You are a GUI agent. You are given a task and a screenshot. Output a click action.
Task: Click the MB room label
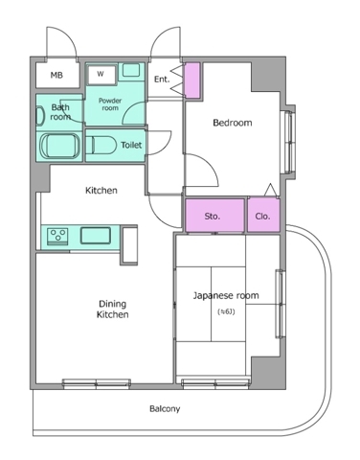pyautogui.click(x=56, y=76)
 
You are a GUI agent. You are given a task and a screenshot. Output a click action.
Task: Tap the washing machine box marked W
pyautogui.click(x=101, y=75)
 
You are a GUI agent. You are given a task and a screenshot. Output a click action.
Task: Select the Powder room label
pyautogui.click(x=110, y=104)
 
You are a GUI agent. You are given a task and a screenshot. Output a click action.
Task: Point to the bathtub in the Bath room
pyautogui.click(x=59, y=146)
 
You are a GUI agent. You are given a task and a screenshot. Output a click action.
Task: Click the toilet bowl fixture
pyautogui.click(x=101, y=146)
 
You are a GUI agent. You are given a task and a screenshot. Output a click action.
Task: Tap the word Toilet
pyautogui.click(x=131, y=145)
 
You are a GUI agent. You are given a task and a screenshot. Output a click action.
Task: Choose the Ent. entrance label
pyautogui.click(x=162, y=80)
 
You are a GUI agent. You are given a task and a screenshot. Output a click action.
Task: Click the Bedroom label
pyautogui.click(x=233, y=123)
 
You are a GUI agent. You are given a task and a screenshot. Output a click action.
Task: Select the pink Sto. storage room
pyautogui.click(x=214, y=215)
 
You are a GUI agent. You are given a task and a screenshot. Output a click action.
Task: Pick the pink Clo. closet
pyautogui.click(x=263, y=215)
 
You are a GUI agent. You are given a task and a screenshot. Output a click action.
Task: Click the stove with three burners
pyautogui.click(x=57, y=237)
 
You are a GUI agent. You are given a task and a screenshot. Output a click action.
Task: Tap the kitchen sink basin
pyautogui.click(x=96, y=236)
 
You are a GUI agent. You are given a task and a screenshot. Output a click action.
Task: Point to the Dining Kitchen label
pyautogui.click(x=113, y=310)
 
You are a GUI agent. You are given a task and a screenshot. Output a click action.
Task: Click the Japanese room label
pyautogui.click(x=226, y=295)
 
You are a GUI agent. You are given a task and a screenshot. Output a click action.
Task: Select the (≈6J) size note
pyautogui.click(x=226, y=311)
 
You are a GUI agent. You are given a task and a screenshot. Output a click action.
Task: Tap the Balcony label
pyautogui.click(x=165, y=408)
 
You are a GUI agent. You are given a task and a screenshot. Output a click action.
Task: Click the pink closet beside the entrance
pyautogui.click(x=192, y=80)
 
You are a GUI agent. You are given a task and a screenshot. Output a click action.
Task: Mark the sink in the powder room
pyautogui.click(x=131, y=70)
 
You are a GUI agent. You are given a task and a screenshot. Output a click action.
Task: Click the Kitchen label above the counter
pyautogui.click(x=101, y=191)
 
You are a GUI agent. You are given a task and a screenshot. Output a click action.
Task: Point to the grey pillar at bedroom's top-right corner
pyautogui.click(x=267, y=75)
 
